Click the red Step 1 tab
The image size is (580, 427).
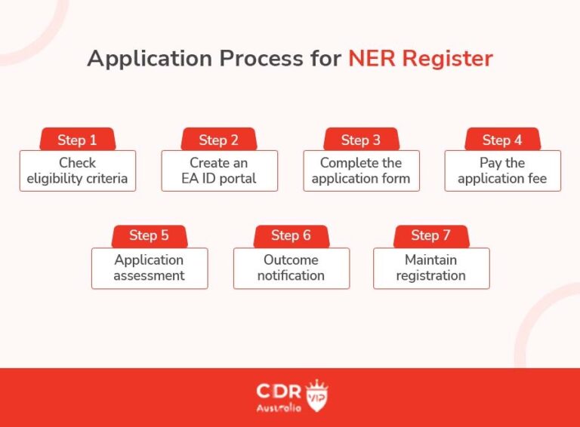77,140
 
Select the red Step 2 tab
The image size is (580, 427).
219,140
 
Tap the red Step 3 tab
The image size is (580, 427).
361,140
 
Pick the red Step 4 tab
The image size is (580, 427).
502,140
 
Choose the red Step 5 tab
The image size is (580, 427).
149,235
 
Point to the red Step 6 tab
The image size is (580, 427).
291,235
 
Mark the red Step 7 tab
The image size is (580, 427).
431,235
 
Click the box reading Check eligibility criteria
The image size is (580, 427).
77,171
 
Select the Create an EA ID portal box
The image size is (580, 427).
219,171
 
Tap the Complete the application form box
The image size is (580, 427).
361,171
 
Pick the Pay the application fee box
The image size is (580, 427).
502,171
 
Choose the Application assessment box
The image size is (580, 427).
149,268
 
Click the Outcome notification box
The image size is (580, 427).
291,268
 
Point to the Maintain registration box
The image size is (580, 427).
431,268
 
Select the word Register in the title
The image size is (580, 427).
449,59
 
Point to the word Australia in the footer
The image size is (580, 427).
279,408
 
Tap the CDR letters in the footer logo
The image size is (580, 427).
279,392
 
